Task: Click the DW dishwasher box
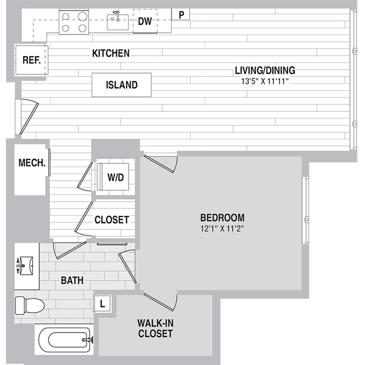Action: click(x=145, y=21)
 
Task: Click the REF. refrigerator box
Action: click(x=31, y=60)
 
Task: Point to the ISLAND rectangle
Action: click(x=121, y=85)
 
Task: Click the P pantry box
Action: click(x=181, y=15)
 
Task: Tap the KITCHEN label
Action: click(x=110, y=53)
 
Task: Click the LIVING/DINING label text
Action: click(x=265, y=70)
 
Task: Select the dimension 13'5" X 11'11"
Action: click(x=265, y=81)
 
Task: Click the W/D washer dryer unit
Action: click(x=116, y=177)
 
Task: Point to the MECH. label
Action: click(x=32, y=162)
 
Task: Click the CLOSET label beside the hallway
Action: click(x=112, y=220)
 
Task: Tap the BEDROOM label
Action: click(x=223, y=217)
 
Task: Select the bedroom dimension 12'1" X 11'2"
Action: click(x=223, y=228)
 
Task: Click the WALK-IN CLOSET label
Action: click(x=155, y=327)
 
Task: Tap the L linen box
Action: click(x=103, y=303)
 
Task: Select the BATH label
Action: click(x=72, y=281)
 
